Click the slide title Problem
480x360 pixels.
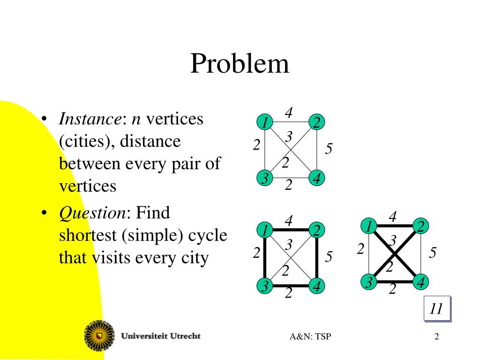click(x=240, y=64)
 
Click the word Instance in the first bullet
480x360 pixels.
click(x=90, y=119)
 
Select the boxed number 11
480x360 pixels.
click(x=436, y=309)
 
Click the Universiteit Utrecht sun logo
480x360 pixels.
click(x=99, y=335)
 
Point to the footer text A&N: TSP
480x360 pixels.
click(x=310, y=336)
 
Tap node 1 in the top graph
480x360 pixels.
click(x=265, y=123)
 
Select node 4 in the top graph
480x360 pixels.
click(x=317, y=179)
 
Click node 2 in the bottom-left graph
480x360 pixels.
click(x=317, y=230)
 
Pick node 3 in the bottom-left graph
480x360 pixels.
click(x=265, y=286)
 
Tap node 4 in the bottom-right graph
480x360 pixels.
click(x=421, y=283)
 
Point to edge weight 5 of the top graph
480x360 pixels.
click(x=329, y=150)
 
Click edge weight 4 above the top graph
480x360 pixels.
click(x=289, y=112)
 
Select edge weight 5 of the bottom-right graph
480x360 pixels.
click(x=433, y=253)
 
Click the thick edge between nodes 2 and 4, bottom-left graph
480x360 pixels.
click(x=317, y=258)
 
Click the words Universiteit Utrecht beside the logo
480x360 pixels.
click(x=161, y=336)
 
